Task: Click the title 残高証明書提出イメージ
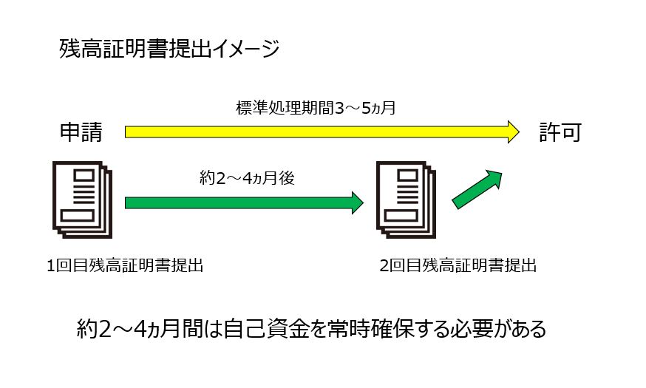169,50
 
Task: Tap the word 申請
81,132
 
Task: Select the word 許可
560,132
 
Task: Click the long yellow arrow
318,132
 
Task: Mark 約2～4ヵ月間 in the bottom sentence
134,327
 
